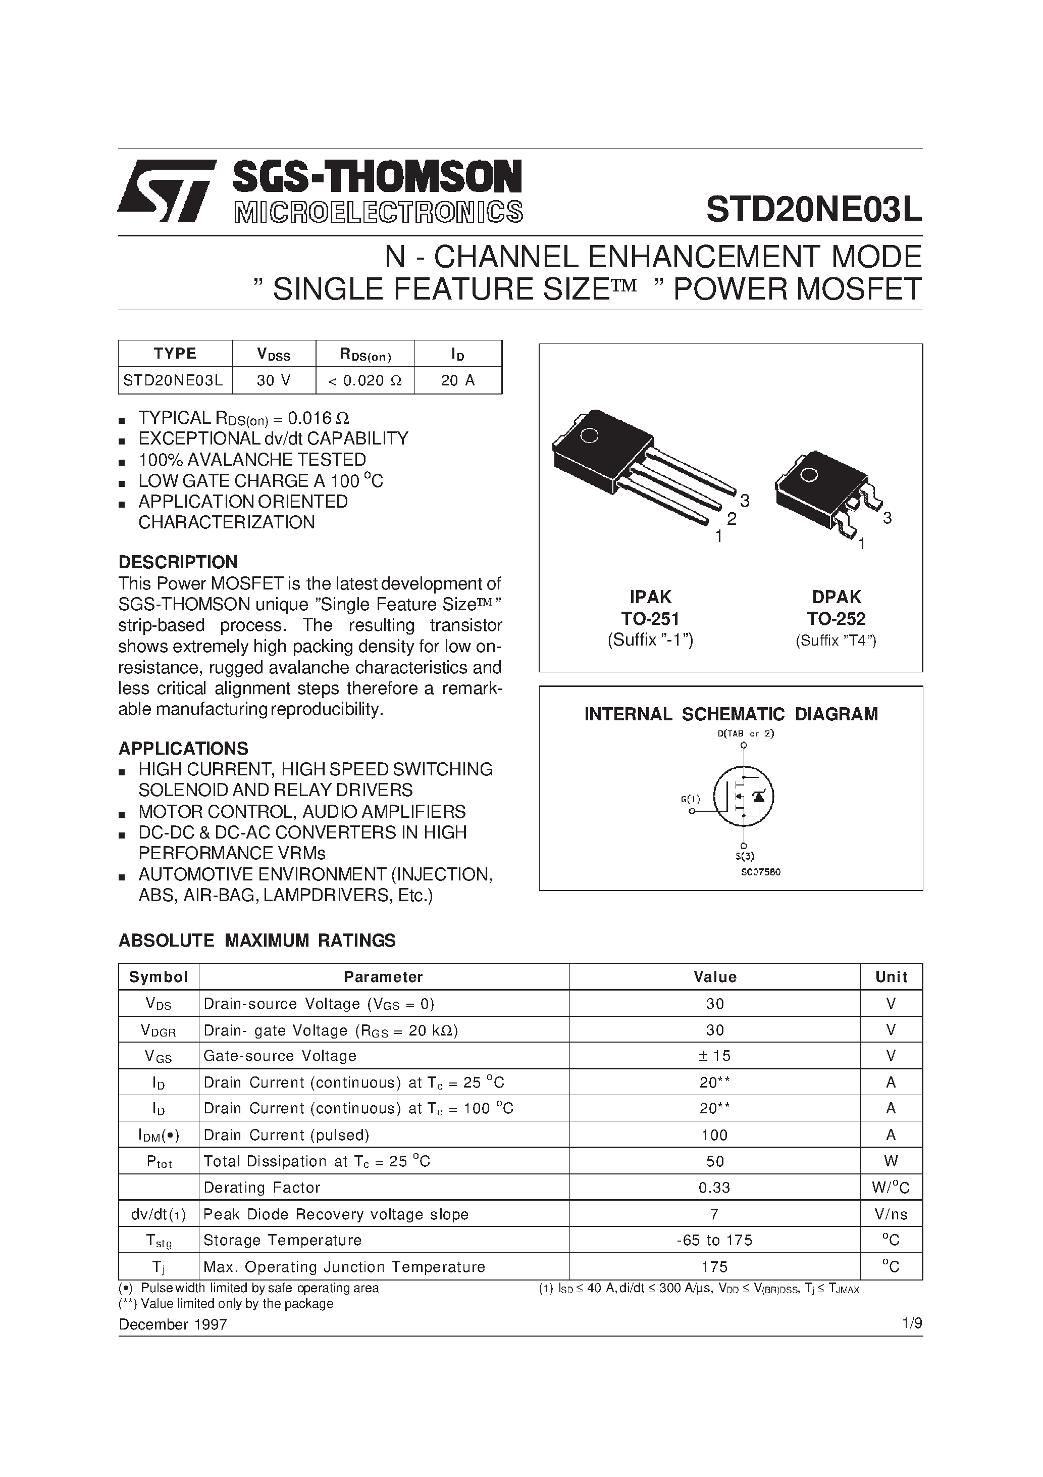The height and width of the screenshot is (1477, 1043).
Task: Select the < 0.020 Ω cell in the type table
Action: click(x=364, y=380)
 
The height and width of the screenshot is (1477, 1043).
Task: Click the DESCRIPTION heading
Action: click(x=178, y=562)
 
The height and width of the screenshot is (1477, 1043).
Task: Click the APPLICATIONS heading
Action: click(x=183, y=748)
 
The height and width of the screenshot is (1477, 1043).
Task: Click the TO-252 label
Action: click(x=836, y=619)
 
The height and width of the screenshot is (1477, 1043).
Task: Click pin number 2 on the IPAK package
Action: click(x=731, y=518)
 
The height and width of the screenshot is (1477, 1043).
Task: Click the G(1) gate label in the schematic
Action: click(x=690, y=799)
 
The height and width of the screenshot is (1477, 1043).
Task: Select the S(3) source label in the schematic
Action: click(x=744, y=856)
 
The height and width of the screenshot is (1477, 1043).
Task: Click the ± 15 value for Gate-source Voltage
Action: click(x=714, y=1056)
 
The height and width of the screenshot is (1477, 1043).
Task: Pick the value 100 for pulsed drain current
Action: click(x=714, y=1135)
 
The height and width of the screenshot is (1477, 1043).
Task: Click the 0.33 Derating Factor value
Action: click(x=714, y=1188)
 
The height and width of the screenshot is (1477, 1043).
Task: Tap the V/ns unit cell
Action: click(x=891, y=1214)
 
